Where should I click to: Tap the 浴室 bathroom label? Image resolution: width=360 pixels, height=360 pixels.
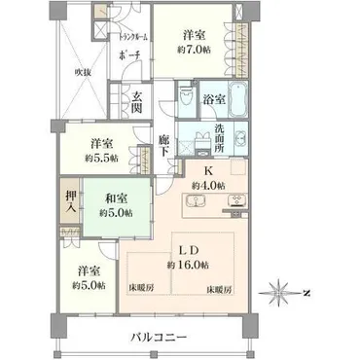[x=214, y=99]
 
